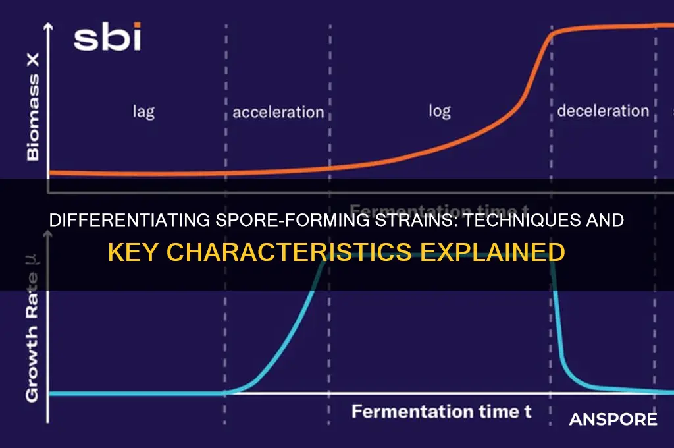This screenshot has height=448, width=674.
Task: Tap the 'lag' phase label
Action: point(143,111)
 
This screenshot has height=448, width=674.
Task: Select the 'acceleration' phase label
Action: point(278,112)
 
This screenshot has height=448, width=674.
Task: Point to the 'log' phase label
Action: point(439,111)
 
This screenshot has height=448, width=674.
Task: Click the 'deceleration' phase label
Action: point(603,111)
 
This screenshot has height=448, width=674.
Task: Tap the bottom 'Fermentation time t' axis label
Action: point(441,412)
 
